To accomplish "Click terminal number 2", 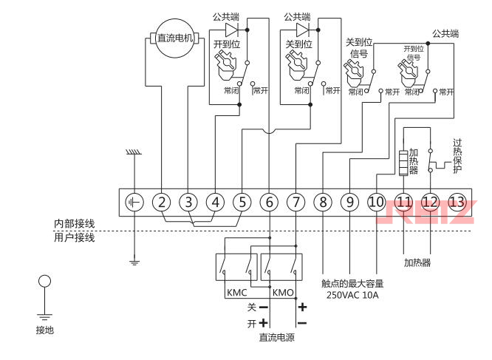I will coord(162,202).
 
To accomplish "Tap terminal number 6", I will coord(269,202).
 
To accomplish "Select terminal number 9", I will coord(349,202).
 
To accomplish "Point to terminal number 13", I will coord(457,202).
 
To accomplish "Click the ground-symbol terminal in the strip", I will coord(134,202).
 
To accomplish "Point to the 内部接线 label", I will coord(74,224).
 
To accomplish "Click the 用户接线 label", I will coord(74,237).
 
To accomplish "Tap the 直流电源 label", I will coord(277,338).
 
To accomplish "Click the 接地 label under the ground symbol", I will coord(45,330).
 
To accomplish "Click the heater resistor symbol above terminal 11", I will coord(403,161).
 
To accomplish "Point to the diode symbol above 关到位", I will coord(302,30).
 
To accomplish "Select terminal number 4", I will coord(215,202).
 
